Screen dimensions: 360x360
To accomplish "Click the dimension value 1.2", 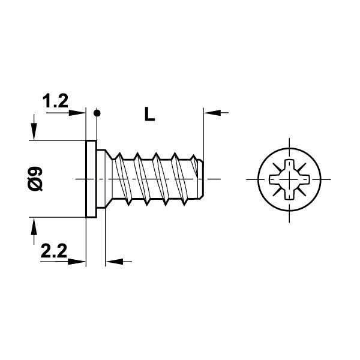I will pyautogui.click(x=55, y=103).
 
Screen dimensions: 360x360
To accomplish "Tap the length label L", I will pyautogui.click(x=150, y=114).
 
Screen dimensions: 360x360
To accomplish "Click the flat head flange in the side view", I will pyautogui.click(x=92, y=179).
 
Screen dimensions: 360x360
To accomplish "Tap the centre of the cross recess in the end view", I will pyautogui.click(x=289, y=179).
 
